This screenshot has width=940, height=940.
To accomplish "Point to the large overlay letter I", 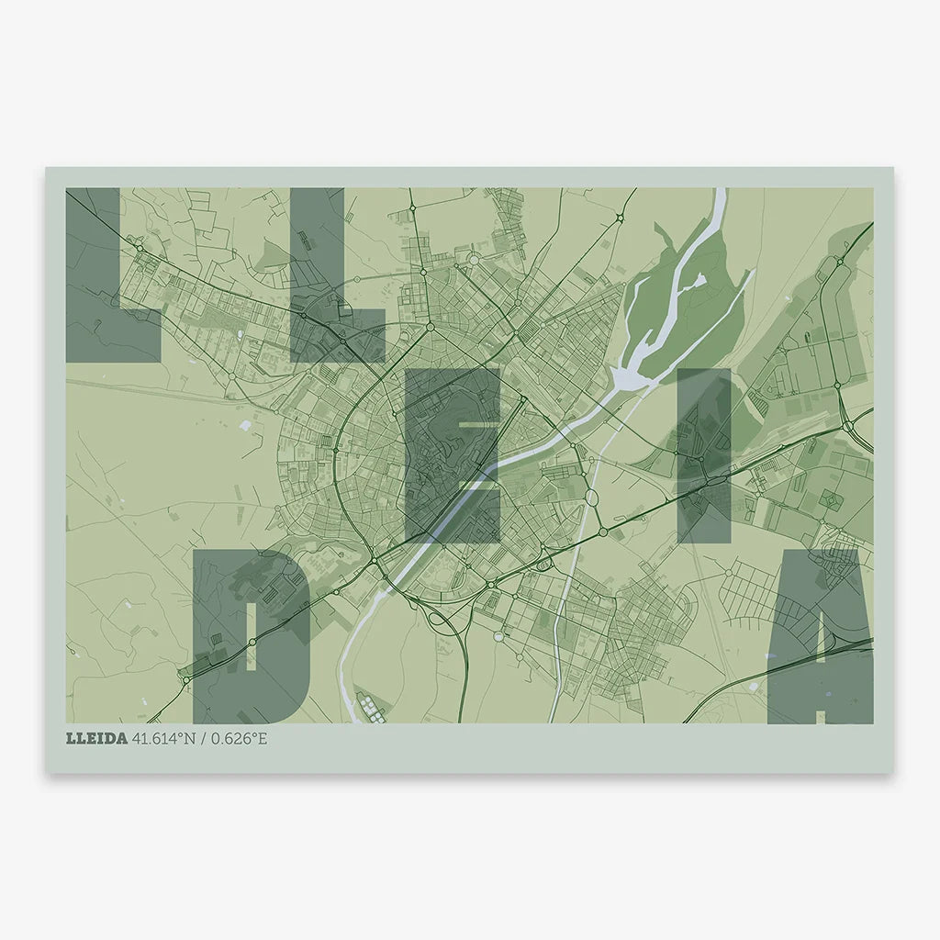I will click(x=704, y=454).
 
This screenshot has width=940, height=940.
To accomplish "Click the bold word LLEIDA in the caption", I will click(x=96, y=738).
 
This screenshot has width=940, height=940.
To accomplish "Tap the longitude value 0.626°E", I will click(x=239, y=738).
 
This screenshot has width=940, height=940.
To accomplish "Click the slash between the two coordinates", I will click(x=204, y=738).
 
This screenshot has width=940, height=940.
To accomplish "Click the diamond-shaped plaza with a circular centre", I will click(x=829, y=499).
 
